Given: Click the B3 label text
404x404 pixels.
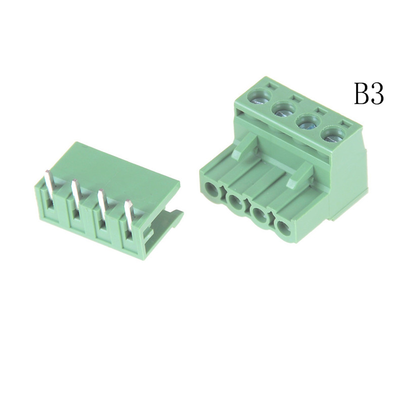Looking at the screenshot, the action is pyautogui.click(x=369, y=93).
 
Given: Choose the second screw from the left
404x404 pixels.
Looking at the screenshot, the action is pyautogui.click(x=284, y=110).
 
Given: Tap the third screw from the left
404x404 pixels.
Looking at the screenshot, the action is pyautogui.click(x=309, y=124).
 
